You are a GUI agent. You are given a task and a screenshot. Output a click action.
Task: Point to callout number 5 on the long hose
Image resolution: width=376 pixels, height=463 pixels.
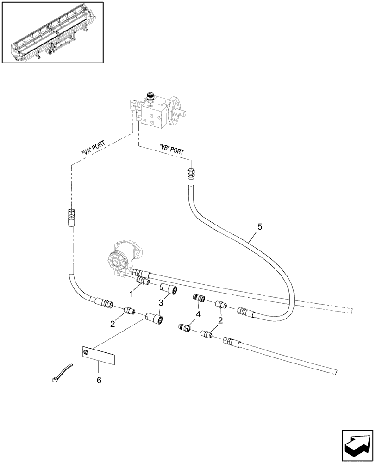[x=259, y=227]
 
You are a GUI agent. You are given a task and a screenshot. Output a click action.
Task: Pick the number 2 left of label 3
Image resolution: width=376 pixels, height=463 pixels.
[x=113, y=324]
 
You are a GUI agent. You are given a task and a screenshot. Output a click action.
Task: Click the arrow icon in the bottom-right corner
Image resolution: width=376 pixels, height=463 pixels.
[x=357, y=443]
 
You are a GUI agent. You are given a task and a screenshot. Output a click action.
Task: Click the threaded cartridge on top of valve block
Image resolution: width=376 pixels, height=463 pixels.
[x=150, y=97]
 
